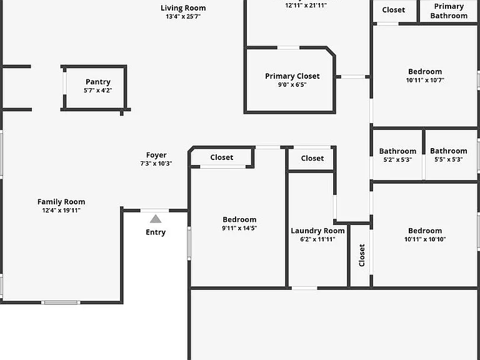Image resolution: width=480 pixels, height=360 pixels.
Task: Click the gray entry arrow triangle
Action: (x=156, y=219)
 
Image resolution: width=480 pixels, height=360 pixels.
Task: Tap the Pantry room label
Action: (x=98, y=82)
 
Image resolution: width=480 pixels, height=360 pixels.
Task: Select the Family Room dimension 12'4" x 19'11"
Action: (x=61, y=210)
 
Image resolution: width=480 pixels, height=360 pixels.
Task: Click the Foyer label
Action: (x=156, y=155)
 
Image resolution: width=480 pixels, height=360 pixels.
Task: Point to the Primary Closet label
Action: (x=292, y=76)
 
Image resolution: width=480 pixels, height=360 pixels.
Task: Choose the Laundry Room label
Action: (x=317, y=231)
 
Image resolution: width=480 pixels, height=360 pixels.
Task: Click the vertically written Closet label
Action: (x=362, y=255)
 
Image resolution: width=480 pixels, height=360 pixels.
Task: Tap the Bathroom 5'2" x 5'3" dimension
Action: (x=397, y=159)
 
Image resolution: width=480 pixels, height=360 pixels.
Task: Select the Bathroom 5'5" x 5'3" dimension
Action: (x=449, y=159)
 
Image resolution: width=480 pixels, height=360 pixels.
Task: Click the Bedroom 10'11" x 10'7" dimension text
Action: (x=425, y=80)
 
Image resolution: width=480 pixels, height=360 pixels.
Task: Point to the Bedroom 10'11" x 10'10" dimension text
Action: (x=425, y=239)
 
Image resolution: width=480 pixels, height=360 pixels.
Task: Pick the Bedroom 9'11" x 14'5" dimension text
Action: (x=239, y=228)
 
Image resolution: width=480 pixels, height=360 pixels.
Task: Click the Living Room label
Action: (x=183, y=8)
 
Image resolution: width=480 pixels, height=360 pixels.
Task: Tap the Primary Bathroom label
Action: (x=449, y=11)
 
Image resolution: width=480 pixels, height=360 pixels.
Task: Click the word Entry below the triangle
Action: (x=156, y=232)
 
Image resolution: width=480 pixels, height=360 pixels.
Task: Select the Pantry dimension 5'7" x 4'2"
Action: (x=98, y=90)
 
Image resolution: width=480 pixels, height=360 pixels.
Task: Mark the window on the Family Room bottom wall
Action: (x=61, y=302)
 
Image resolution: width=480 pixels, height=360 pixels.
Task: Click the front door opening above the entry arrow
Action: (x=154, y=210)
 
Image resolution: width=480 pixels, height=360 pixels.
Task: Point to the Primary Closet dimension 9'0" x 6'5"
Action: (x=292, y=84)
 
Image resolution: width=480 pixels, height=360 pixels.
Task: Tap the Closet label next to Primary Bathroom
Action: (x=393, y=10)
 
